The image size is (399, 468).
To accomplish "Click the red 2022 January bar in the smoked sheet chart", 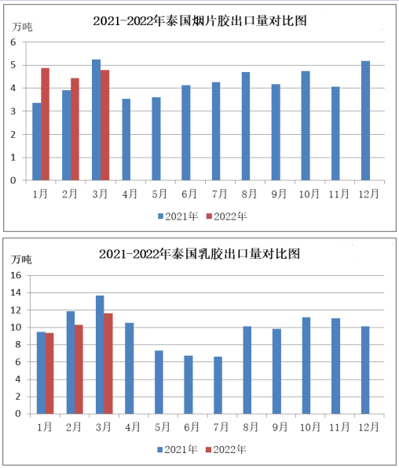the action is pos(46,124).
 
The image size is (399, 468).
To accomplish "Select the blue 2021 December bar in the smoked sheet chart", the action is pos(365,121).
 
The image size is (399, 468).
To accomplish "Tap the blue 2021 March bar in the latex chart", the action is pos(100,354).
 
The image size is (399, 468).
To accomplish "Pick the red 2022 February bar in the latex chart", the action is pos(79,369).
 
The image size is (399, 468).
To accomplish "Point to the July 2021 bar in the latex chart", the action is pos(218,385).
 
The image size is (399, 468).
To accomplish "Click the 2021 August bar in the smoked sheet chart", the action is pos(246,126).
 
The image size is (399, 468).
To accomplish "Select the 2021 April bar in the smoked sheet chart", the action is pos(126,140).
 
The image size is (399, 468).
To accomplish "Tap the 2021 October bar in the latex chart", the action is pos(306,365).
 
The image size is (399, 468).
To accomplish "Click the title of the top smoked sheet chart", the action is pos(199,21).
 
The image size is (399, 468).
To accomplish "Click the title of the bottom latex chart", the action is pos(199,254).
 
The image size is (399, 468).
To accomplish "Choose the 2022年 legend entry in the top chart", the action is pos(227,216).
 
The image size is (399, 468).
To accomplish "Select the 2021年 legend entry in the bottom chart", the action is pos(178,449).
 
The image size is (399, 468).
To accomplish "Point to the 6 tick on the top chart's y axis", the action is pos(13,42).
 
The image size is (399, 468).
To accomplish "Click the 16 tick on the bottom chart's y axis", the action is pos(16,275).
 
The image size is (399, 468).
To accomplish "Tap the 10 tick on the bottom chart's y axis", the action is pos(16,328).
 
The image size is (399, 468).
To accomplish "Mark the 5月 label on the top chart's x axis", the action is pos(159,194).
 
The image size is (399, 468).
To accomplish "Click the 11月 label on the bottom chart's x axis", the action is pos(339,427).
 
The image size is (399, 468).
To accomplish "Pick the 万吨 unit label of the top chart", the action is pos(22,27).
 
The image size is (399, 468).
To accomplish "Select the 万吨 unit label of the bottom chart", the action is pos(21,259).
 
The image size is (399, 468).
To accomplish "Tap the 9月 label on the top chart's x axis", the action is pos(279,194).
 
